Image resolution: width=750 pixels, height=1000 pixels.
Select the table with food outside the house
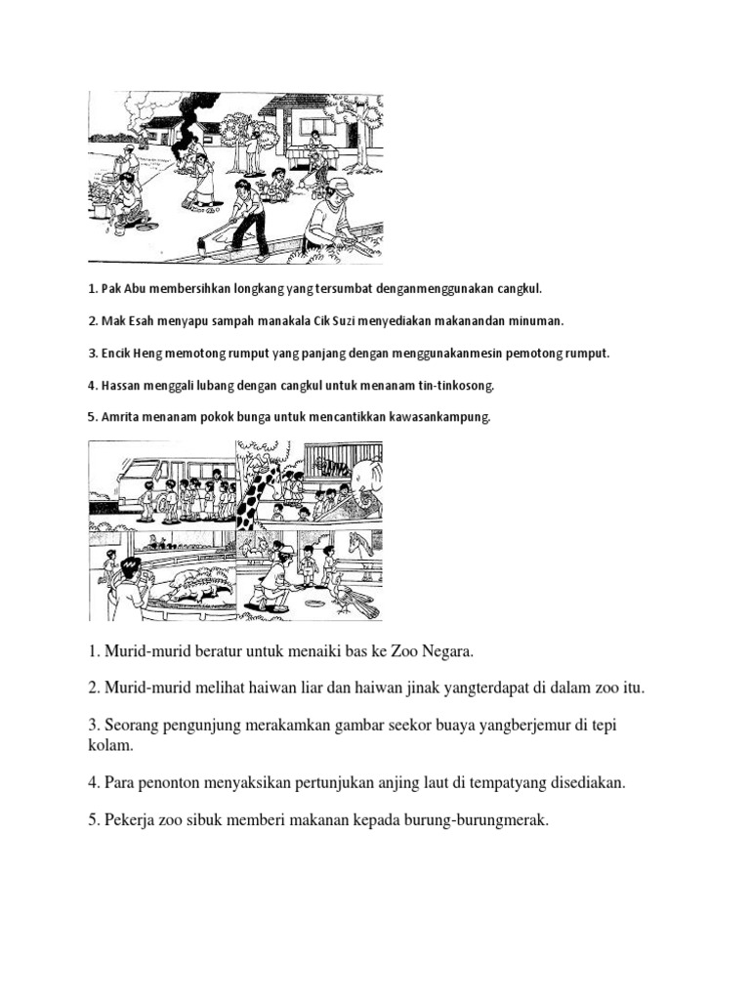[x=312, y=152]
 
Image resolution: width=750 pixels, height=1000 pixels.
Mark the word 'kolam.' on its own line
[x=102, y=746]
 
